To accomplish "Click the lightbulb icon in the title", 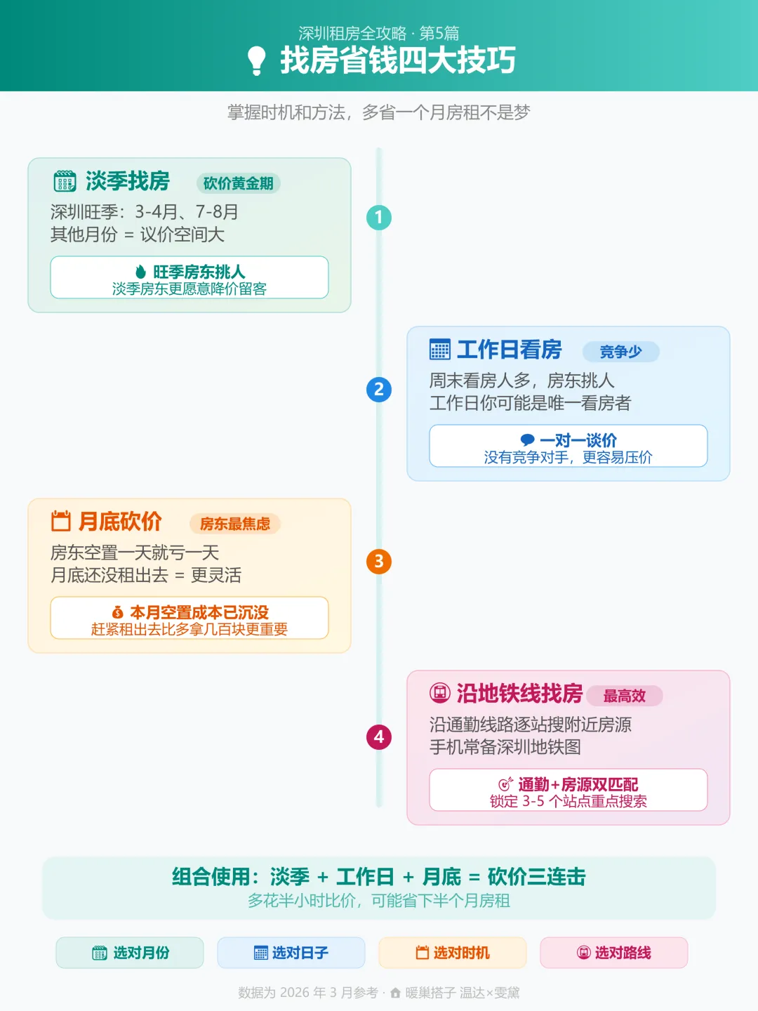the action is (257, 61).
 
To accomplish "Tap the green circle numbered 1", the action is (379, 218).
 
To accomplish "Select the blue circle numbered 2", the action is (379, 390).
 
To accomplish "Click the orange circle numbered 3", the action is (379, 562).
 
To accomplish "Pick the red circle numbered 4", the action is (379, 737).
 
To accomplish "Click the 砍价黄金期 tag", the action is (239, 183).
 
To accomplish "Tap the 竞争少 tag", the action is (621, 352).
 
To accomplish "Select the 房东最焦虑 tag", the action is (235, 524).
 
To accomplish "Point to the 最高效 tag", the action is (625, 696).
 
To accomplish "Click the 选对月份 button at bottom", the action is (130, 953).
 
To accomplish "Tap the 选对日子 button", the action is (291, 953).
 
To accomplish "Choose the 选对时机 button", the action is (453, 953).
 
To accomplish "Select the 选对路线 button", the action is (614, 953).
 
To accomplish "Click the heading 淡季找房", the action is (128, 181).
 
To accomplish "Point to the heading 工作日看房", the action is (510, 350).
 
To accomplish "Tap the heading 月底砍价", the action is (120, 522).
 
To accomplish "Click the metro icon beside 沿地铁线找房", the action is (440, 694).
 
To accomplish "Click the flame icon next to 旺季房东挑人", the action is (141, 272).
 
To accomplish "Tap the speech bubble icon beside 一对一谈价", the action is (528, 440).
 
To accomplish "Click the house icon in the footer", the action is (396, 993).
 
